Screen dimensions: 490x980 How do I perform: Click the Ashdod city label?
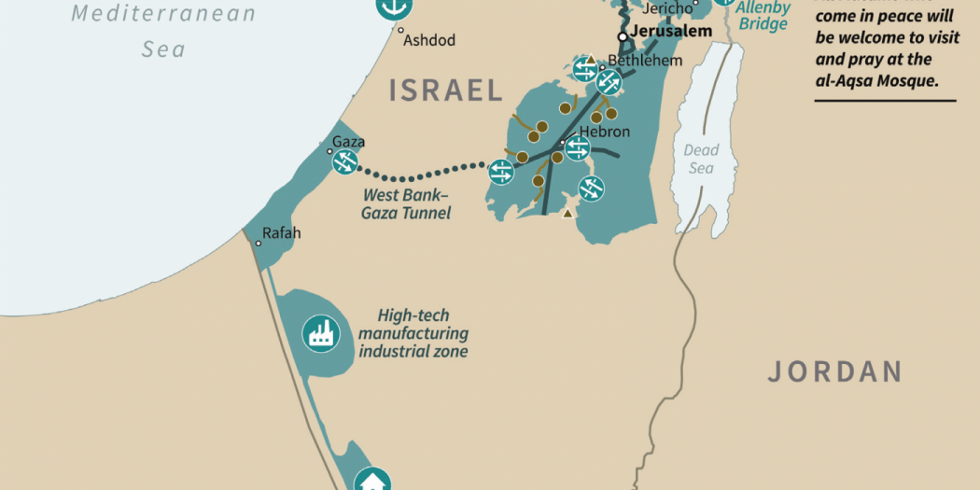click(x=428, y=41)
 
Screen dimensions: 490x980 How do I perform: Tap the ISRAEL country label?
click(x=446, y=91)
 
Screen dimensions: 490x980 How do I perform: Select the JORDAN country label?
click(x=834, y=371)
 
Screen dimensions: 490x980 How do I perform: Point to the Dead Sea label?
click(x=701, y=159)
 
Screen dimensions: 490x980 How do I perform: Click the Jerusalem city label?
click(x=671, y=32)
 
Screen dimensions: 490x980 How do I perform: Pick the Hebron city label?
click(x=605, y=133)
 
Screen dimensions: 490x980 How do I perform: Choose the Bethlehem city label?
click(x=645, y=61)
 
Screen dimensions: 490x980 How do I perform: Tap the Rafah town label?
click(x=281, y=233)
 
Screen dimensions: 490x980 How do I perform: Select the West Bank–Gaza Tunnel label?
click(x=406, y=204)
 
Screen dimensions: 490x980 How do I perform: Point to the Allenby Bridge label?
click(x=763, y=16)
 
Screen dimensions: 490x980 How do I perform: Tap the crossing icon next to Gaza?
click(x=345, y=163)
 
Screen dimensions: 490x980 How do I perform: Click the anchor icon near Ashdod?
click(x=393, y=6)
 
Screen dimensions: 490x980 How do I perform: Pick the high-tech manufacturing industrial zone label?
click(x=413, y=333)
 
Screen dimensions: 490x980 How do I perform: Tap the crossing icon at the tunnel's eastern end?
click(x=501, y=172)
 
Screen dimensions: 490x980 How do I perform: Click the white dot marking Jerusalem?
click(x=623, y=36)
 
